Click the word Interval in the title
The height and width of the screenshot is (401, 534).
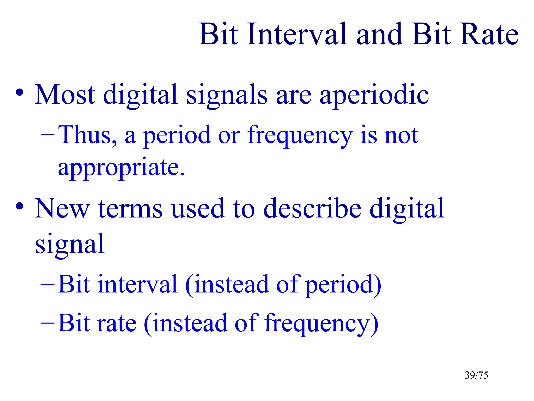[x=297, y=34]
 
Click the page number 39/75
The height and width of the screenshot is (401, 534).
[x=476, y=375]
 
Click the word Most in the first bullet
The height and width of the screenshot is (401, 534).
[x=65, y=95]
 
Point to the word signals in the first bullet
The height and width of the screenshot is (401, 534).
[x=227, y=95]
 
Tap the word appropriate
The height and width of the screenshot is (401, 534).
[x=121, y=167]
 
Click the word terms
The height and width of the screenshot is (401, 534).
[x=130, y=209]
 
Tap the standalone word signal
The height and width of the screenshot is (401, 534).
[x=70, y=244]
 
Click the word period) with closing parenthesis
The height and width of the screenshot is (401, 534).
[x=343, y=285]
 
